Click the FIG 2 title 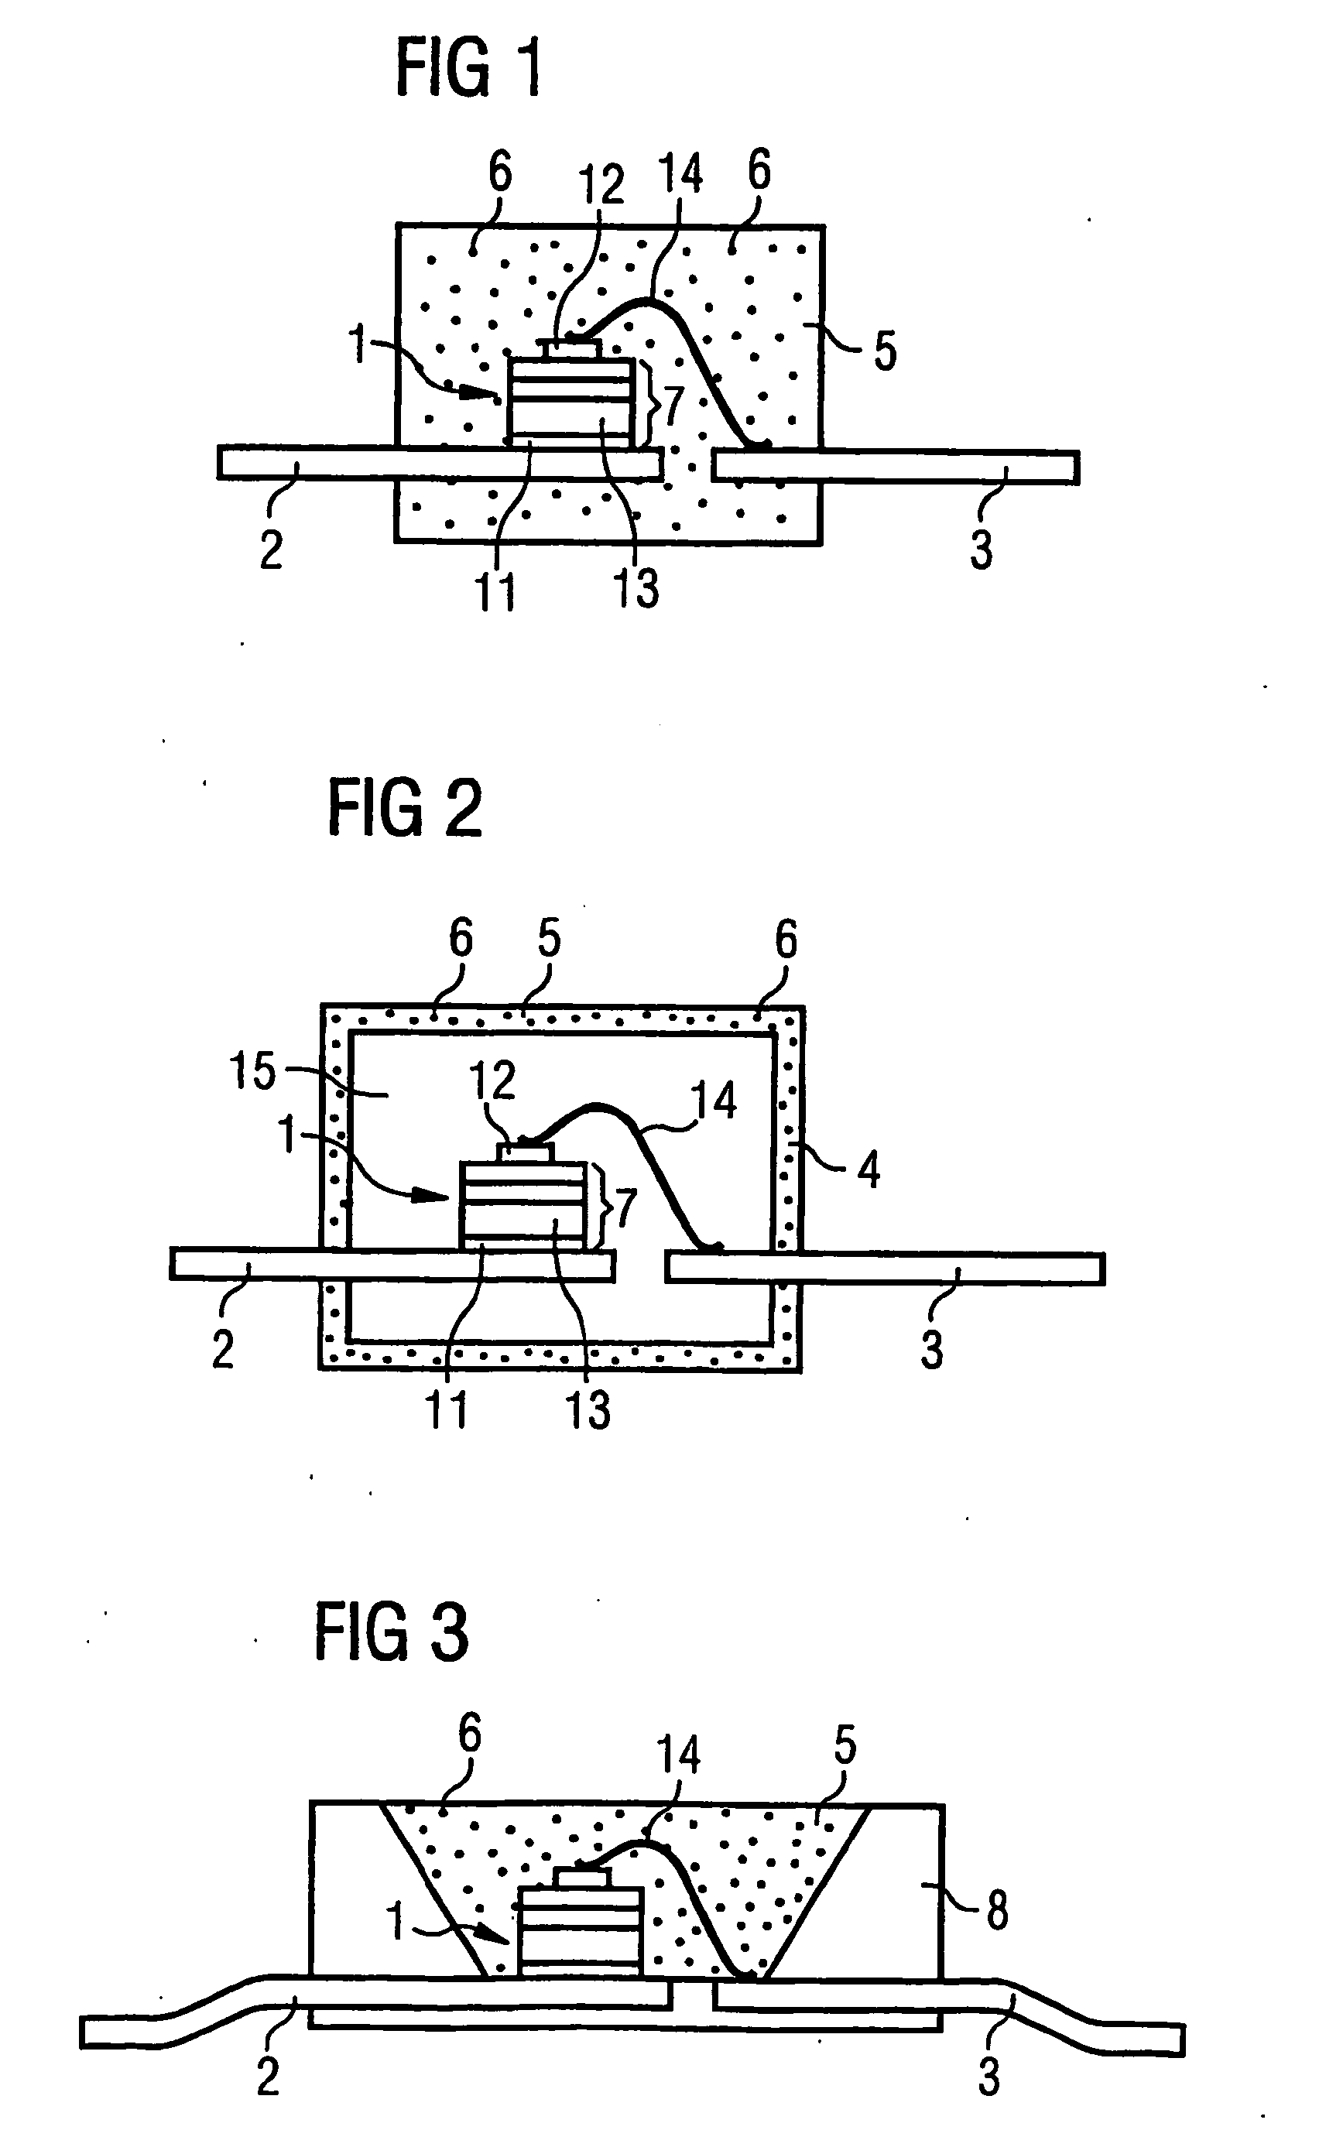pyautogui.click(x=404, y=810)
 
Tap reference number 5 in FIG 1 pyautogui.click(x=885, y=351)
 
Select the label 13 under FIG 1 pyautogui.click(x=636, y=587)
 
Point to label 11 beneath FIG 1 pyautogui.click(x=495, y=591)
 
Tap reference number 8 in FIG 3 pyautogui.click(x=997, y=1911)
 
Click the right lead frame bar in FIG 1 pyautogui.click(x=895, y=467)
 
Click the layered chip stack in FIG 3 pyautogui.click(x=580, y=1931)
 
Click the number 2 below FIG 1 pyautogui.click(x=272, y=550)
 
